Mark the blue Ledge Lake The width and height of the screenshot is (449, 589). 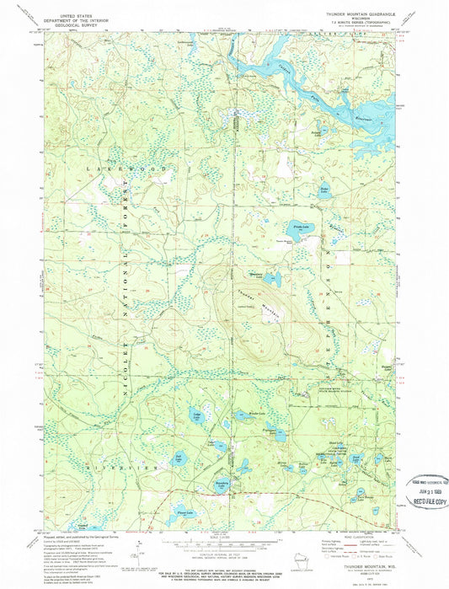(x=196, y=416)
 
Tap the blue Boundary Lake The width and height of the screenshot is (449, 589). (x=222, y=484)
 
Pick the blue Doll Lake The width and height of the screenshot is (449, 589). (x=179, y=459)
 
